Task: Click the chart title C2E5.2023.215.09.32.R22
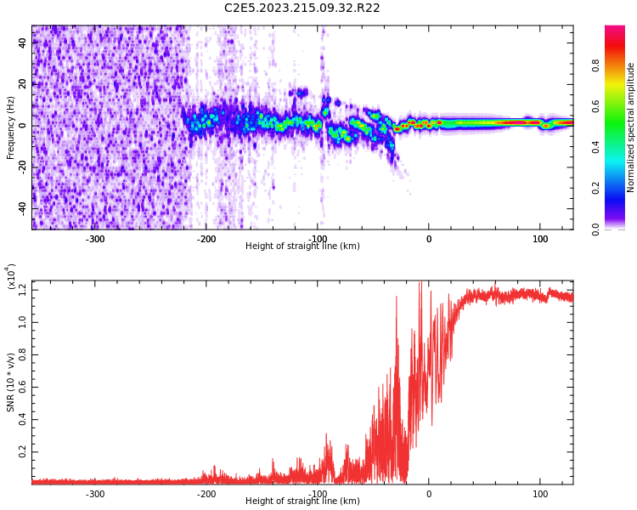(x=302, y=8)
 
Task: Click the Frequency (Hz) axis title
(x=11, y=127)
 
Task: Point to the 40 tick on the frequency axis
(x=23, y=42)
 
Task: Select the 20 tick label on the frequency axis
(x=23, y=84)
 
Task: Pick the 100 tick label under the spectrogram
(x=540, y=239)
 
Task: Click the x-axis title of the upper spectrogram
(x=302, y=246)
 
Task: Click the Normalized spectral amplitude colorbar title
(x=631, y=127)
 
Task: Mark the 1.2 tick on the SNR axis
(x=21, y=291)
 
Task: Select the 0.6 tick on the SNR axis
(x=21, y=388)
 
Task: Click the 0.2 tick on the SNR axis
(x=21, y=452)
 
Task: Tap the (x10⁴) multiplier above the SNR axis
(x=11, y=277)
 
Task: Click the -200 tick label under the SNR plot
(x=206, y=494)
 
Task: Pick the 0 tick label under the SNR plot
(x=429, y=494)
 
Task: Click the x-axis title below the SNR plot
(x=302, y=501)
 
